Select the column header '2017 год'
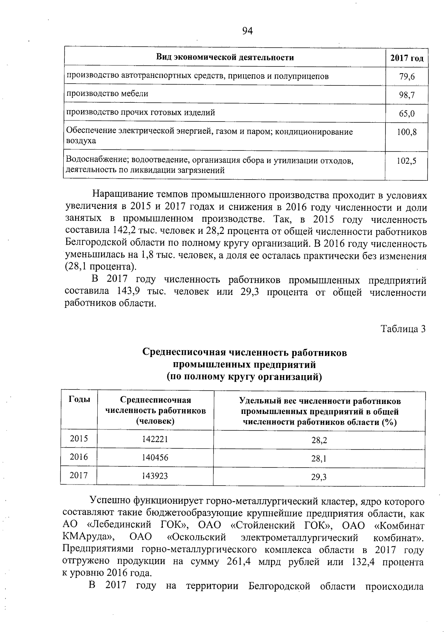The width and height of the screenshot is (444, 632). pyautogui.click(x=407, y=58)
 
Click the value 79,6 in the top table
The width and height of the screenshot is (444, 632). pyautogui.click(x=407, y=77)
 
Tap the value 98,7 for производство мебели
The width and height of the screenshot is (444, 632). pyautogui.click(x=407, y=95)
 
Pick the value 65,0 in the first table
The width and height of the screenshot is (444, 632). pyautogui.click(x=407, y=113)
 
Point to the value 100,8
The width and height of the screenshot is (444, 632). pyautogui.click(x=407, y=132)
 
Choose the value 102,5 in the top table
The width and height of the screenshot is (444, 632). pyautogui.click(x=407, y=161)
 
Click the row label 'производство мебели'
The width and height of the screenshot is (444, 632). pyautogui.click(x=107, y=94)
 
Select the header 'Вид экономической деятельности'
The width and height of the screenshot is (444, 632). pyautogui.click(x=225, y=58)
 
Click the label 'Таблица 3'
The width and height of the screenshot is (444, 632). pyautogui.click(x=404, y=329)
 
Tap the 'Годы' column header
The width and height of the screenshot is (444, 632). pyautogui.click(x=79, y=400)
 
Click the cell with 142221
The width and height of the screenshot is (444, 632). pyautogui.click(x=155, y=439)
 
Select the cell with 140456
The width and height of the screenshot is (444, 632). pyautogui.click(x=155, y=458)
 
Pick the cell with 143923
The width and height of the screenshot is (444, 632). pyautogui.click(x=155, y=476)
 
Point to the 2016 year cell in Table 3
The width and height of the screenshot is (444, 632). pyautogui.click(x=79, y=457)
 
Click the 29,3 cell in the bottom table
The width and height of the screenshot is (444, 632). pyautogui.click(x=319, y=477)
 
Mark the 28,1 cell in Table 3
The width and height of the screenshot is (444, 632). pyautogui.click(x=319, y=459)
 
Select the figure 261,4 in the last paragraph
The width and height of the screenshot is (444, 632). pyautogui.click(x=237, y=562)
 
